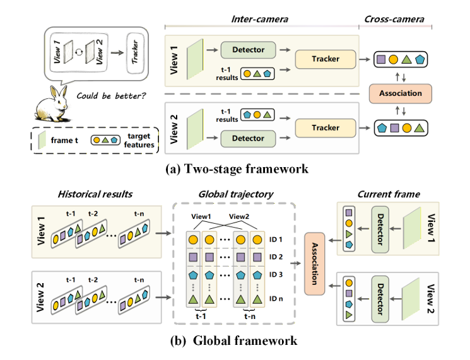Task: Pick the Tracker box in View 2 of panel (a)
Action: (x=326, y=128)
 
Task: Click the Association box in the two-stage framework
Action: (x=401, y=93)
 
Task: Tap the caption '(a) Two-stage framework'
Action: (x=234, y=168)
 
